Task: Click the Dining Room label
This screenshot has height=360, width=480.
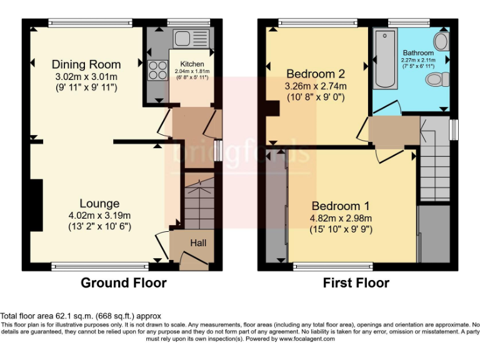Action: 86,64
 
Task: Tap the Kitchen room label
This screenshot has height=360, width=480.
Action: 192,64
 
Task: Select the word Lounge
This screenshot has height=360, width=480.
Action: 99,203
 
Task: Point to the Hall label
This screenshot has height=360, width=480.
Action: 198,243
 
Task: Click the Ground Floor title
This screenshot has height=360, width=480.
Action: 123,283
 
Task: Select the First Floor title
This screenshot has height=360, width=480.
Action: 356,283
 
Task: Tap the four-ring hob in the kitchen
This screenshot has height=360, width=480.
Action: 156,69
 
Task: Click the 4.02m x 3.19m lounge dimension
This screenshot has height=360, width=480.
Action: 99,216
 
